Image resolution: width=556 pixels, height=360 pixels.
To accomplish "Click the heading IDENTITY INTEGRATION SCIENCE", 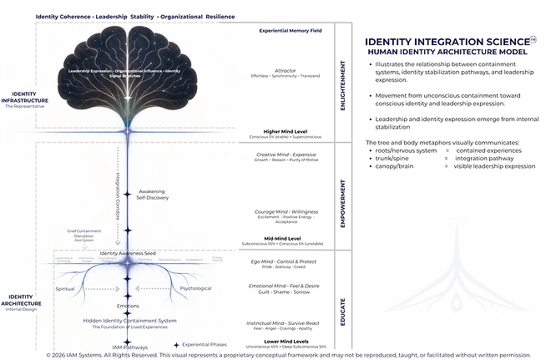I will (446, 41).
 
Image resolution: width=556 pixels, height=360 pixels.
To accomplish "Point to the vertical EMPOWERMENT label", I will (343, 196).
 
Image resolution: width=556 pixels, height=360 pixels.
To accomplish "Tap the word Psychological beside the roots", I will (196, 288).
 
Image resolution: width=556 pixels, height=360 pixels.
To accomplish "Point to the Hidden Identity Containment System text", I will (130, 321).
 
